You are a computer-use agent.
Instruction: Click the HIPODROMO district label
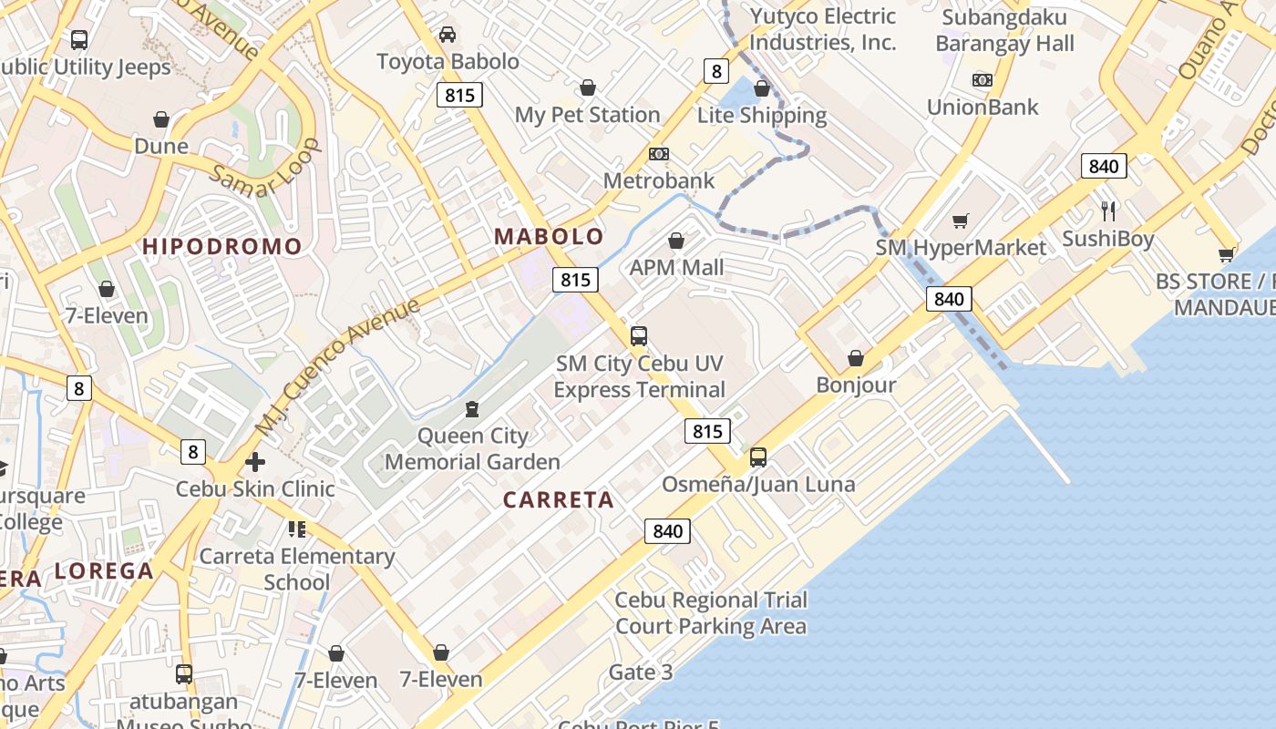click(221, 246)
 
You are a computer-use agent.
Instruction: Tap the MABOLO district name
click(549, 237)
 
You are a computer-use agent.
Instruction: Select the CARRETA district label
click(559, 500)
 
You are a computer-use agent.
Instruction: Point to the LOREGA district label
click(104, 571)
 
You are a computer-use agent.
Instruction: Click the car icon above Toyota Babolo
click(448, 35)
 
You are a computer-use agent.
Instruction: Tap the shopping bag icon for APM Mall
click(676, 241)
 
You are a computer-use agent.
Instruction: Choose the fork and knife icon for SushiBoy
click(1108, 211)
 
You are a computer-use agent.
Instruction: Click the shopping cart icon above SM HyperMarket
click(960, 221)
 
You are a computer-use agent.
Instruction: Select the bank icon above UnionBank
click(982, 80)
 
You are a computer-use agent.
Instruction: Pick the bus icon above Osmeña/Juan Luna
click(758, 457)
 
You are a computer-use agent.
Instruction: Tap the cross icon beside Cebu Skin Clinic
click(255, 462)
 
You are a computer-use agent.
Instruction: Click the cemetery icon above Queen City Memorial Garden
click(472, 409)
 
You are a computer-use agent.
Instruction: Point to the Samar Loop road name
click(265, 169)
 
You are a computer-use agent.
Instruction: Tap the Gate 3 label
click(640, 673)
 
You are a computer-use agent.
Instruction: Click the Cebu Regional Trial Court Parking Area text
click(711, 613)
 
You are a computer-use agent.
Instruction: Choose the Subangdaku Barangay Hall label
click(1005, 30)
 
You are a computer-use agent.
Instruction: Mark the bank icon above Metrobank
click(658, 154)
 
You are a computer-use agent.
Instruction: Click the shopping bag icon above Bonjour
click(856, 358)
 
